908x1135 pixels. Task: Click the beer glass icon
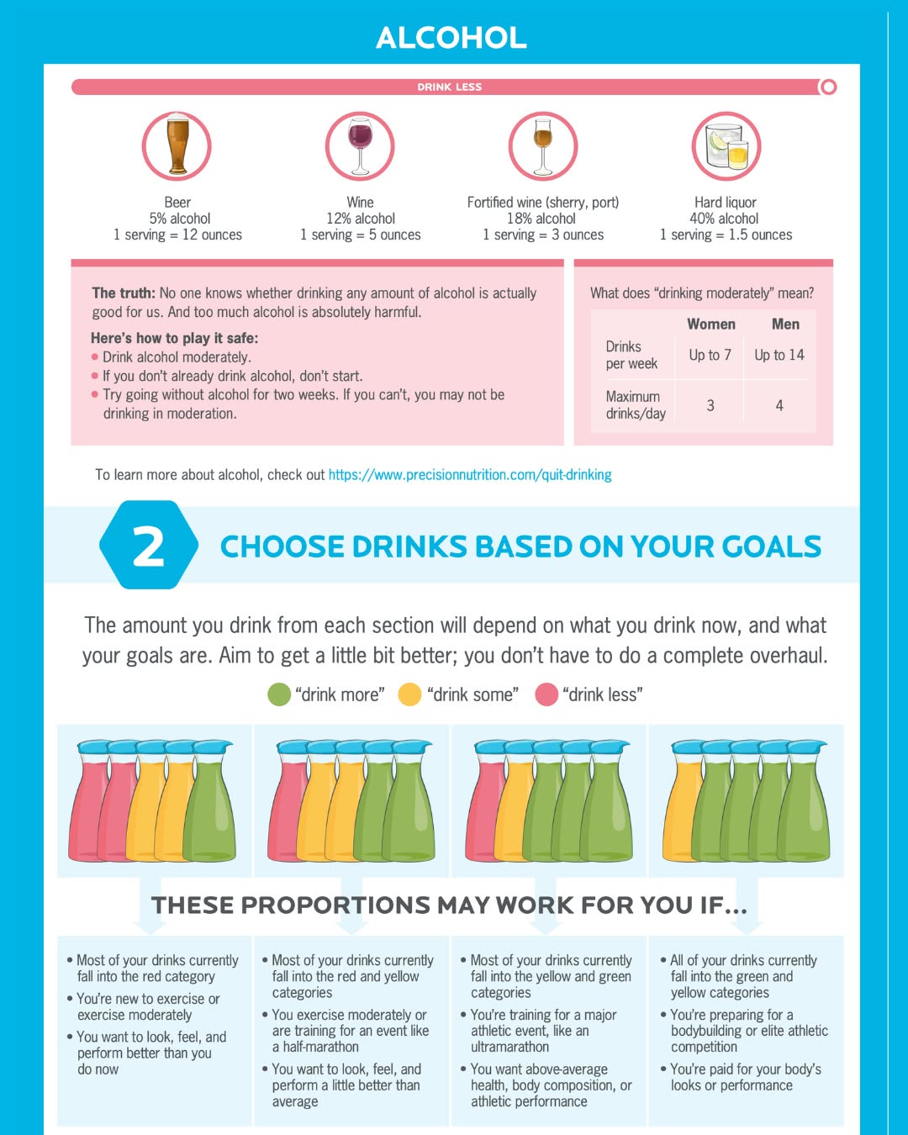[x=177, y=145]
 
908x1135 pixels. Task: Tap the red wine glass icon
[x=360, y=145]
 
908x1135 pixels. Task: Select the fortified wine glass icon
[x=543, y=145]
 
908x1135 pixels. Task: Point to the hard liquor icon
[x=726, y=145]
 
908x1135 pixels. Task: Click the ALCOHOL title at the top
[x=451, y=38]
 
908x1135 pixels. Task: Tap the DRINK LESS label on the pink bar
[x=450, y=87]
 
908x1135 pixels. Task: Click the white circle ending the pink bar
[x=828, y=87]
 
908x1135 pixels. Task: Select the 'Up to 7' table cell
[x=710, y=355]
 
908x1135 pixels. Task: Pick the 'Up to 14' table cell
[x=779, y=355]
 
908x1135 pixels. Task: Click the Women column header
[x=711, y=324]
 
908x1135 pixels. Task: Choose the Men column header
[x=785, y=324]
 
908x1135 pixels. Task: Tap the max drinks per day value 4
[x=779, y=405]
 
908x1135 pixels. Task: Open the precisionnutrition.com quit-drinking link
[x=470, y=475]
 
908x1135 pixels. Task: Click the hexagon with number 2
[x=149, y=546]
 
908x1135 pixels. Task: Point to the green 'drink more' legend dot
[x=279, y=694]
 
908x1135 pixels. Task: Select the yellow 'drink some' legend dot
[x=409, y=694]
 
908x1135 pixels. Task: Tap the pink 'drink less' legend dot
[x=546, y=694]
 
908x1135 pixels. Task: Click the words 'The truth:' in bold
[x=124, y=293]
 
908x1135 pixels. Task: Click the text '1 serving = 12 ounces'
[x=177, y=235]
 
